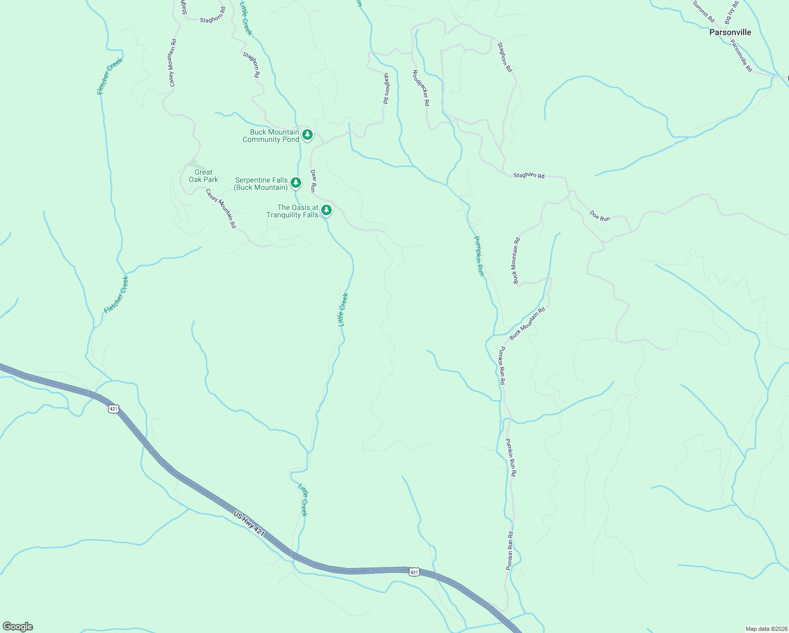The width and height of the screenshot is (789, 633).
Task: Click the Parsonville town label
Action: point(730,32)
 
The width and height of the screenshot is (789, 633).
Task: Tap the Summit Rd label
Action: point(704,11)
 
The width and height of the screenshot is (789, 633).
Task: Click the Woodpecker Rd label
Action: point(421,88)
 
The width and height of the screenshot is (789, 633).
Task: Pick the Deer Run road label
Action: point(313,180)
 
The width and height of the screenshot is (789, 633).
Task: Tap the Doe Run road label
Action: point(600,216)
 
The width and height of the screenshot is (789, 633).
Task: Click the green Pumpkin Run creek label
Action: point(478,256)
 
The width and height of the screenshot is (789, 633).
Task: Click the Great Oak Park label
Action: point(204,176)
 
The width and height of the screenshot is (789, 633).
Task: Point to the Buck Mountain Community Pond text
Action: point(271,136)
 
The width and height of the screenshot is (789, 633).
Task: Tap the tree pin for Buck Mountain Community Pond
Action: point(307,135)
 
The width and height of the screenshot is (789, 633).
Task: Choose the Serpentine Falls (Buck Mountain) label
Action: point(261,184)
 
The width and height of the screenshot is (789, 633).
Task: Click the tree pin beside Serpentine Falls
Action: point(296,183)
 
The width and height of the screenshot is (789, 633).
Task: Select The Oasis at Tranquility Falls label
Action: point(292,211)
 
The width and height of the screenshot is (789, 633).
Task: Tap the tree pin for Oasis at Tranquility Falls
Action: point(326,210)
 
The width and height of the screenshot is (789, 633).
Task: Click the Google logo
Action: point(18,627)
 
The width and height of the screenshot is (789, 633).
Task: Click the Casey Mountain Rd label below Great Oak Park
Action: point(221,208)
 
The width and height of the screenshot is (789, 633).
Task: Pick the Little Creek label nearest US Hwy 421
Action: point(303,500)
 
